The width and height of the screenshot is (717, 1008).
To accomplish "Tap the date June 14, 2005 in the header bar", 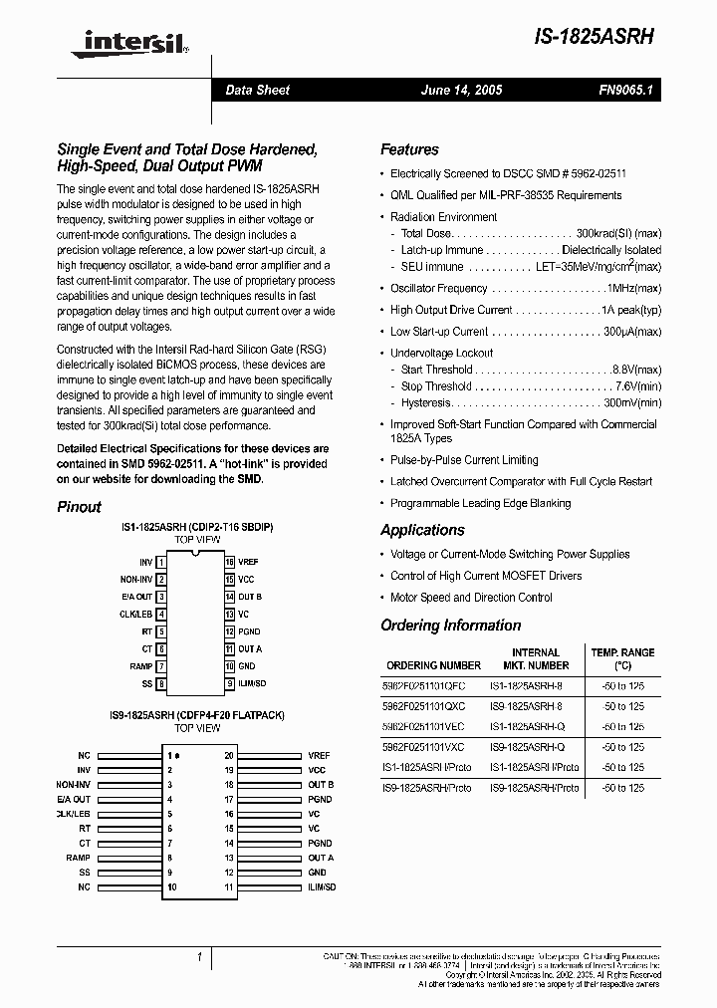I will point(461,90).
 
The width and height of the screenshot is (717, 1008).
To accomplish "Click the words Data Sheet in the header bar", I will point(257,90).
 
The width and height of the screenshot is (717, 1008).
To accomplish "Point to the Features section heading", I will point(409,149).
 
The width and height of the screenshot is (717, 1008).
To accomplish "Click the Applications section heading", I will point(422,530).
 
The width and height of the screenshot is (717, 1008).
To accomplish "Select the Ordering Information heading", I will point(450,626).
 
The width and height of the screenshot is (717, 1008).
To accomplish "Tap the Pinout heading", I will point(79,506).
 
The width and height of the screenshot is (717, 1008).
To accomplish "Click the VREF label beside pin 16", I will point(248,562).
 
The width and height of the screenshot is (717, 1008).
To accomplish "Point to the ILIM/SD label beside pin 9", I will point(252,683).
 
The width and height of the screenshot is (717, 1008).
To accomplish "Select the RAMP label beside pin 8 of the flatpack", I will point(78,858).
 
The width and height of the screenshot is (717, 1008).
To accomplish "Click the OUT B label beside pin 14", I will point(250,597).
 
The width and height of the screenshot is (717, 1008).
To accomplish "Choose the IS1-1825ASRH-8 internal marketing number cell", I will point(533,685).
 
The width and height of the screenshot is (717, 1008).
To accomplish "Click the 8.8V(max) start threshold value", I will point(636,369).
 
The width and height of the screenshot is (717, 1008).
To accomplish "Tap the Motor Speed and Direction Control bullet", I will point(471,598).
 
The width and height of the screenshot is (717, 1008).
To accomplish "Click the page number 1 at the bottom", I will point(200,957).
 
